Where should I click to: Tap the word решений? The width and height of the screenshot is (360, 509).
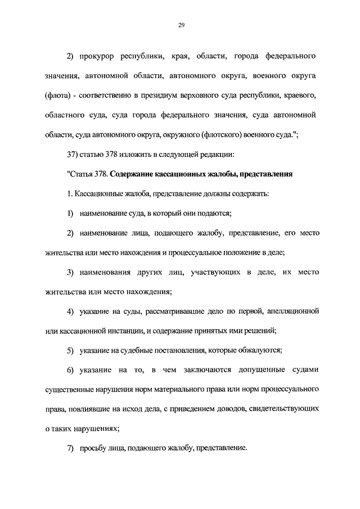[261, 330]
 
